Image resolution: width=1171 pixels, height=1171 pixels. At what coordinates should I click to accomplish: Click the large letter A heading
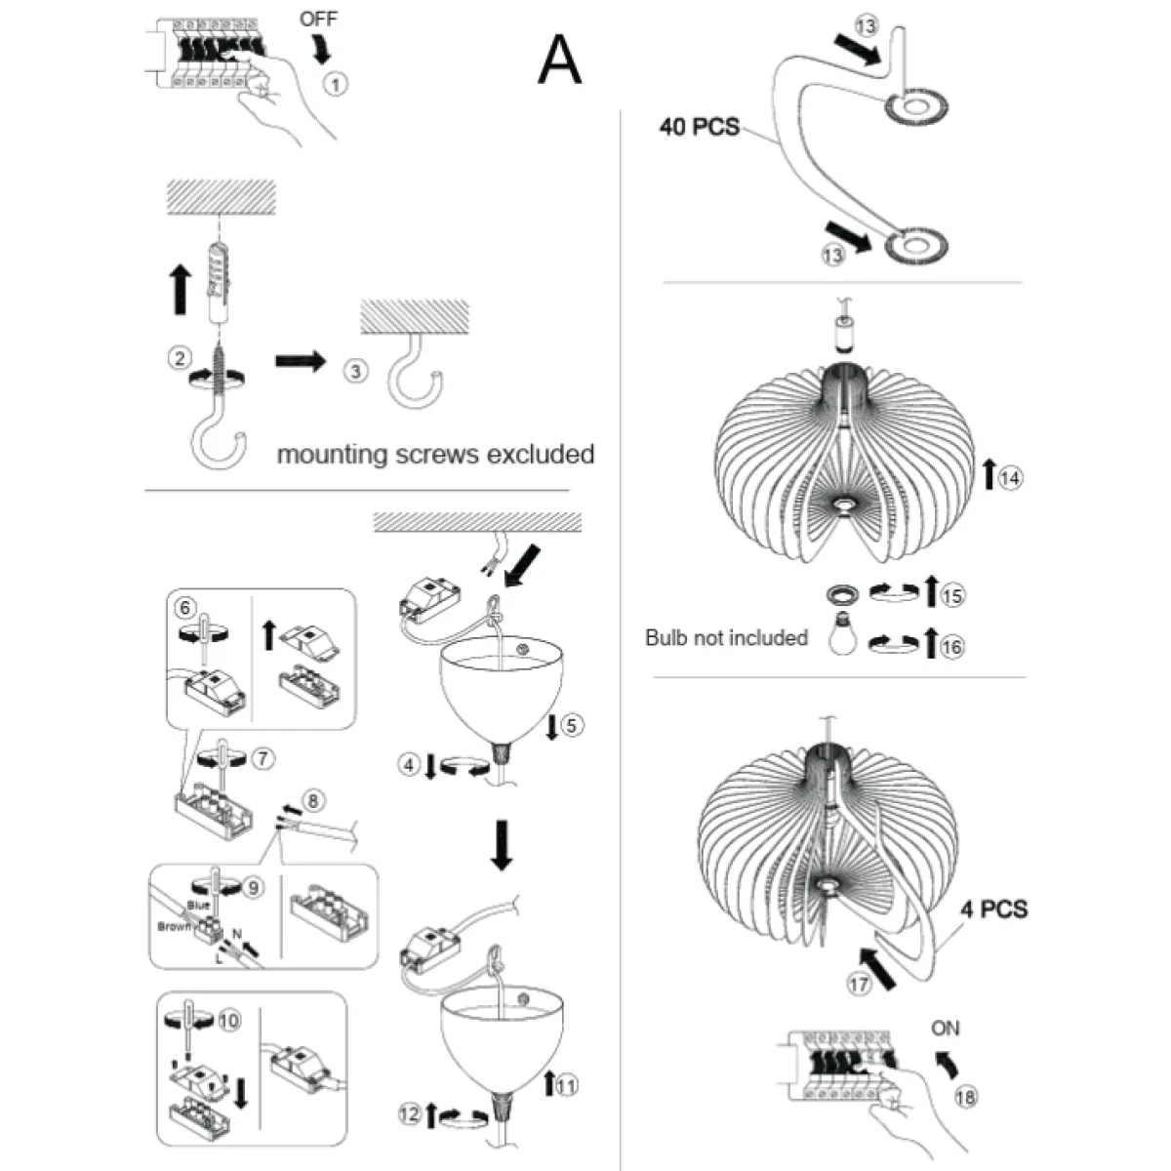coord(560,60)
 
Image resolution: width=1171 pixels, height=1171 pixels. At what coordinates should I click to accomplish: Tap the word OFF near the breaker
coord(318,20)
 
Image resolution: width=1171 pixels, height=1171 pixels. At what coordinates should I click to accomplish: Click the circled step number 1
coord(335,85)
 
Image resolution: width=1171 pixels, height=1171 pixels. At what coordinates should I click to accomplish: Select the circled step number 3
coord(356,371)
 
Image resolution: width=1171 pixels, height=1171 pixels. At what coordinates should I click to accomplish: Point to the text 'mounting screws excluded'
coord(435,454)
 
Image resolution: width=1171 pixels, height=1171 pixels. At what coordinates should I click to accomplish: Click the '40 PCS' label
coord(699,127)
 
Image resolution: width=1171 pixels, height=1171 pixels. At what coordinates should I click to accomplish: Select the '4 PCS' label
coord(993,909)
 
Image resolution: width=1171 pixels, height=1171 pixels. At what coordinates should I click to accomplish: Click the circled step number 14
coord(1011,477)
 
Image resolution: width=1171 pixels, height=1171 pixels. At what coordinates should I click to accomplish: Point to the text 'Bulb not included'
coord(726,637)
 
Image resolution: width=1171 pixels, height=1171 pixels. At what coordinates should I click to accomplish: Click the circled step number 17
coord(859,985)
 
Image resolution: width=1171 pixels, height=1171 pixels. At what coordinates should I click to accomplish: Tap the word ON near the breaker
coord(945,1028)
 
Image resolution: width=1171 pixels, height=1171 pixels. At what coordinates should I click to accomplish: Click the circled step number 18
coord(965,1097)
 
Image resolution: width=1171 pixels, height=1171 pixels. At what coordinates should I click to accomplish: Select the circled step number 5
coord(572,725)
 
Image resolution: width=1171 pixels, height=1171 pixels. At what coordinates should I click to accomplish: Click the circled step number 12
coord(409,1113)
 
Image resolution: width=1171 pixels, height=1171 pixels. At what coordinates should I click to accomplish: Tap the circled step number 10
coord(228,1021)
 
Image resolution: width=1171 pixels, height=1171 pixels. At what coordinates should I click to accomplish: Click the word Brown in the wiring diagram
coord(175,926)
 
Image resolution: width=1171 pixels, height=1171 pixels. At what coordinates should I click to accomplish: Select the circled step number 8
coord(311,801)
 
